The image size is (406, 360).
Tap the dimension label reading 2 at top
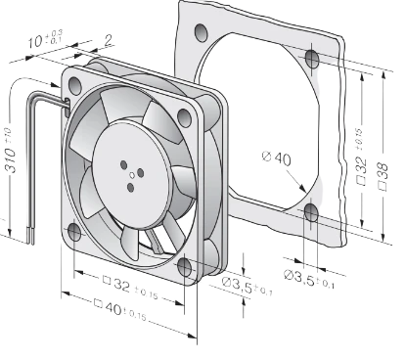coord(109,40)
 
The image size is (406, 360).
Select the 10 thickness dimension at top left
coord(45,39)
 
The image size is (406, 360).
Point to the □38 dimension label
coord(383,176)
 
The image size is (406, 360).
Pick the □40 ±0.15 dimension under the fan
coord(120,310)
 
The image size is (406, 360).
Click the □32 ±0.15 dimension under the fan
coord(130,288)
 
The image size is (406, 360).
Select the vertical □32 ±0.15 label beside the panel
coord(360,157)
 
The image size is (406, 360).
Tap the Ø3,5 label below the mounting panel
coord(309,279)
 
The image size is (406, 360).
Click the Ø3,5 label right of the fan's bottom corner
coord(248,286)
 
